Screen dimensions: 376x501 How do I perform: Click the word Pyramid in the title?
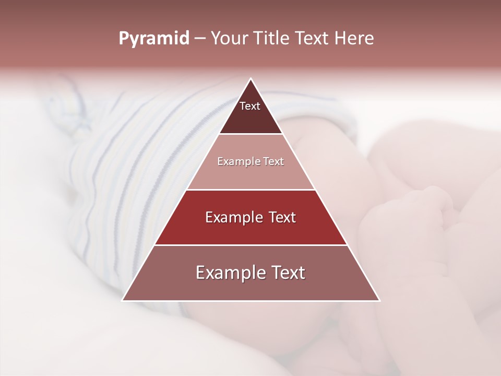(x=154, y=39)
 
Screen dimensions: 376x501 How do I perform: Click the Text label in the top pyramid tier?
(x=250, y=106)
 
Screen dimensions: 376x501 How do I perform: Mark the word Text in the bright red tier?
(x=282, y=217)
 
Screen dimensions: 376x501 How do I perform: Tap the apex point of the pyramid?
(x=250, y=79)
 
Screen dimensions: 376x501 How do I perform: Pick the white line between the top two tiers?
(x=250, y=134)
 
